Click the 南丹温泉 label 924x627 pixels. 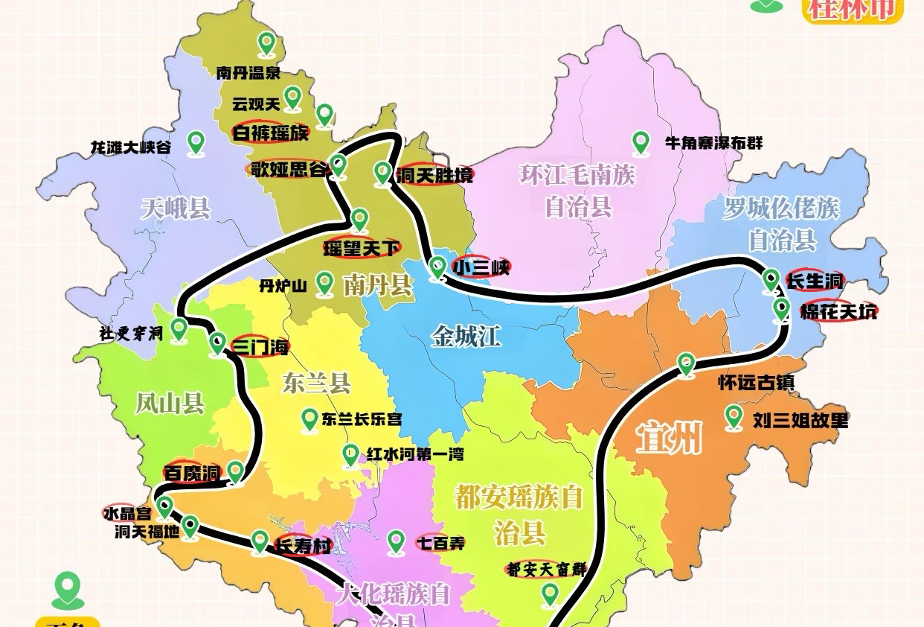coord(248,73)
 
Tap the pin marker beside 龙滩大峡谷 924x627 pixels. coord(196,141)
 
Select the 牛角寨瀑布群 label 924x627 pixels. coord(714,143)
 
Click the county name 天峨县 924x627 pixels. coord(176,208)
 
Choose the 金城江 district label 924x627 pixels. coord(466,337)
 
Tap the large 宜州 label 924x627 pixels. coord(670,439)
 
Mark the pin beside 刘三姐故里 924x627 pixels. coord(734,418)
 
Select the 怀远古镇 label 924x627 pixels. coord(756,383)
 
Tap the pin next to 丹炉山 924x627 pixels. coord(324,282)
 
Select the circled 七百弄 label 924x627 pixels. coord(441,543)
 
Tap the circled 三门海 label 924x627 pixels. coord(259,347)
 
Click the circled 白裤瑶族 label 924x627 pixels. coord(270,133)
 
